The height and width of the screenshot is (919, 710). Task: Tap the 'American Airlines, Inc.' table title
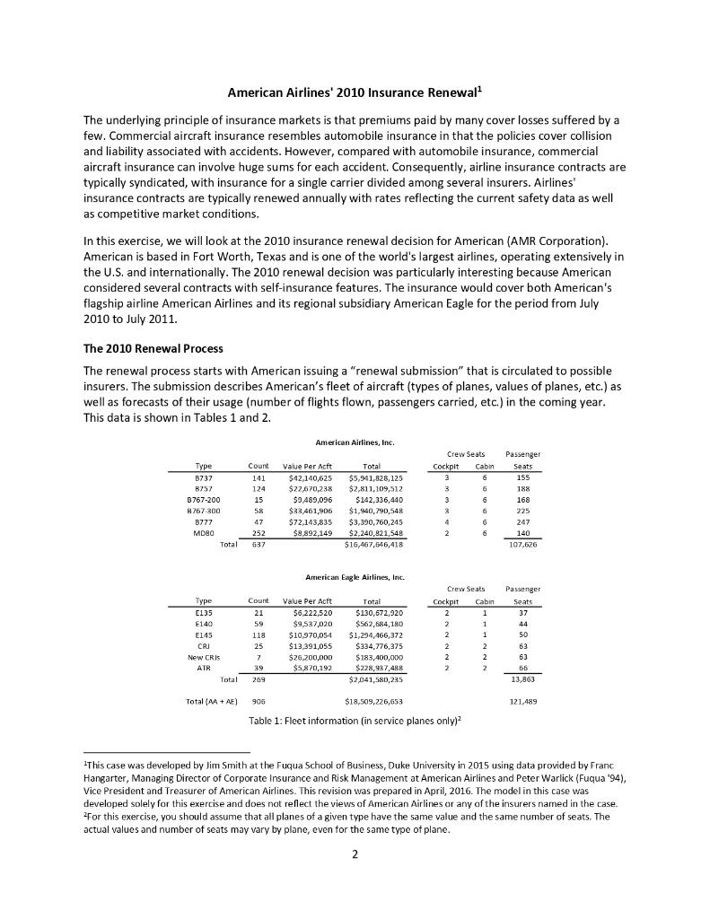(355, 442)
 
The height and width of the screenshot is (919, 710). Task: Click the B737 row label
(203, 478)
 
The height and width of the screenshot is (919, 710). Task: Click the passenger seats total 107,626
(522, 544)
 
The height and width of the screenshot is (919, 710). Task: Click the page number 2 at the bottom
(355, 854)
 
